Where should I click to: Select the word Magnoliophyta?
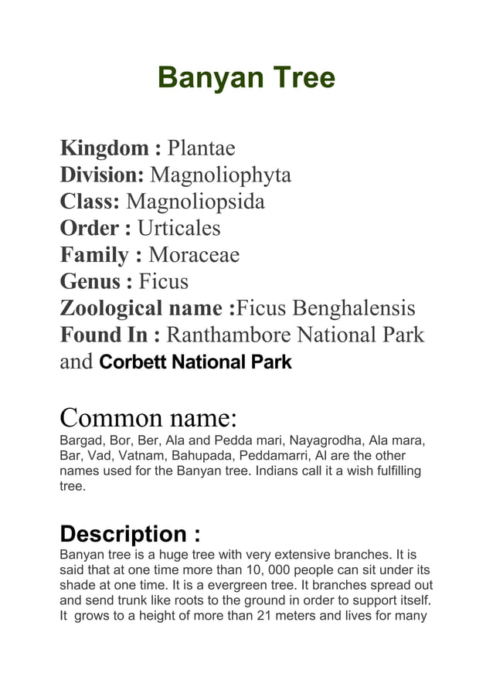tap(220, 175)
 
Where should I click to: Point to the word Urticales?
tap(178, 229)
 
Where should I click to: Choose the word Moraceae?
tap(194, 255)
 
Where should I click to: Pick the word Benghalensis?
tap(356, 309)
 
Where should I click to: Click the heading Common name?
tap(148, 418)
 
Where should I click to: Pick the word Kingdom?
tap(104, 148)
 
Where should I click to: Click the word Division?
tap(102, 175)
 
